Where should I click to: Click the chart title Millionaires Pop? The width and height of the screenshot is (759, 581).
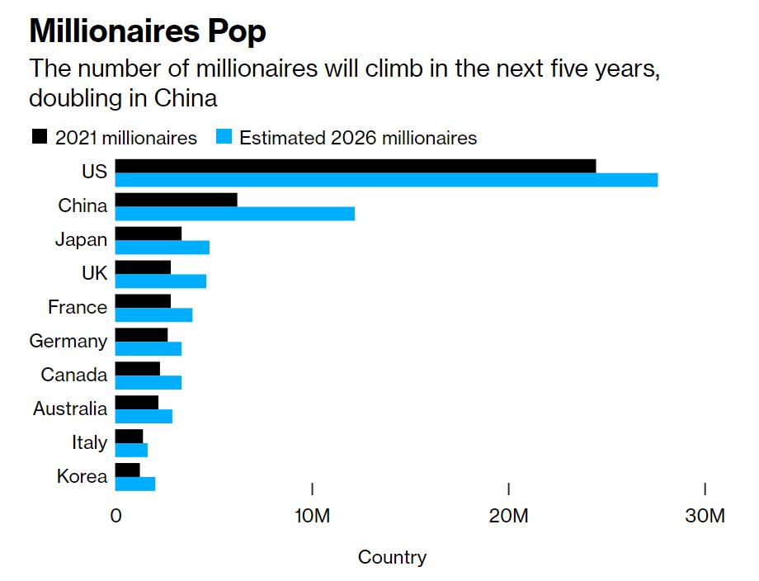(148, 31)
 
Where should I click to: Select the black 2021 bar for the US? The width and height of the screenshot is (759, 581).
(355, 166)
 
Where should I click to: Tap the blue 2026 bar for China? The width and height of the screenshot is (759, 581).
(234, 214)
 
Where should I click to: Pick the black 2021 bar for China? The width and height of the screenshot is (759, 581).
(176, 200)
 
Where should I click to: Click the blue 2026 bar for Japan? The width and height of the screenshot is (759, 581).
(162, 248)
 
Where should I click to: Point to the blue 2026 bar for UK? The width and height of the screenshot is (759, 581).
(160, 281)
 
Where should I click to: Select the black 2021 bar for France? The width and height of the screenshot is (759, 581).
(143, 300)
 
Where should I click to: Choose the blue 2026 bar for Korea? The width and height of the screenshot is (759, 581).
(135, 484)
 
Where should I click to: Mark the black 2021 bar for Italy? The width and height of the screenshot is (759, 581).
(129, 436)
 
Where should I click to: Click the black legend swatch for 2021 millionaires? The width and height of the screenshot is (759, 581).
(40, 137)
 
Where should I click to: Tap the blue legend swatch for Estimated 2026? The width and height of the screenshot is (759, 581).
(223, 137)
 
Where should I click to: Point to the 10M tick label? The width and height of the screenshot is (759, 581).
(312, 517)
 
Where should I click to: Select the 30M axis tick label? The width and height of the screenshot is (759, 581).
(705, 517)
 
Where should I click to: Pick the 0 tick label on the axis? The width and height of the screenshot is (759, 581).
(115, 517)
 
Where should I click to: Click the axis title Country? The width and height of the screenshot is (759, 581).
(392, 558)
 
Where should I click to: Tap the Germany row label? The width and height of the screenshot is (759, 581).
(68, 341)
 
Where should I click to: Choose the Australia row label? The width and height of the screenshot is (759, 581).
(70, 409)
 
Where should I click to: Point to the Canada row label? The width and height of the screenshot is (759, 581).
(74, 375)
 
